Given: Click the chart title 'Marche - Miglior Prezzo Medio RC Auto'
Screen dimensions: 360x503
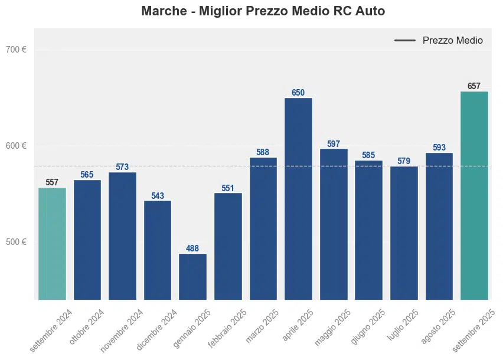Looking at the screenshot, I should click(263, 11).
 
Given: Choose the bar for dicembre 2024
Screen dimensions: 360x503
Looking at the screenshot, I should click(158, 250).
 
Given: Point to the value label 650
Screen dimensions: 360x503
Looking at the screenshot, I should click(298, 93).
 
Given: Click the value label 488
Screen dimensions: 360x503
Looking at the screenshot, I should click(192, 248).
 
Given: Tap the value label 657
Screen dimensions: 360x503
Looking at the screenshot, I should click(474, 86).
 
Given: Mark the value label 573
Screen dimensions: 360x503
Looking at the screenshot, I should click(122, 167).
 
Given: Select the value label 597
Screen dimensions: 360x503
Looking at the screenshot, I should click(334, 144).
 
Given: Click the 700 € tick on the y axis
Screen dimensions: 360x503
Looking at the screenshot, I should click(16, 50).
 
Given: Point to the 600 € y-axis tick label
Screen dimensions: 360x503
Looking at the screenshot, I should click(16, 146).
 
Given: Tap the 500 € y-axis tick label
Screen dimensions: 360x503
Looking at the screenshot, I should click(16, 242).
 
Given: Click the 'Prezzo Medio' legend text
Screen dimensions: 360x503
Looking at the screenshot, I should click(452, 41).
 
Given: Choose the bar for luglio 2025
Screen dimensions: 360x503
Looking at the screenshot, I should click(404, 233).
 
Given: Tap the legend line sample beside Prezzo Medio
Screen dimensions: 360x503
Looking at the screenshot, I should click(405, 41).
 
